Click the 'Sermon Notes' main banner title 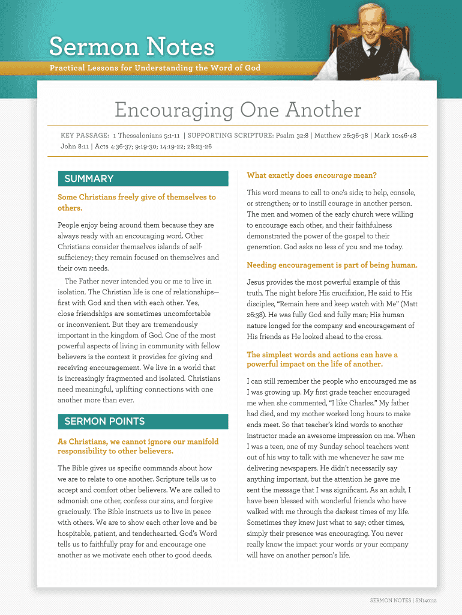click(131, 46)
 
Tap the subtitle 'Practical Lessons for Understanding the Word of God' click(155, 68)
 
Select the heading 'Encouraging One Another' click(238, 111)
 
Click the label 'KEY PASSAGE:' click(85, 136)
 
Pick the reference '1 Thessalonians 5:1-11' click(146, 136)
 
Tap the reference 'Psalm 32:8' click(292, 136)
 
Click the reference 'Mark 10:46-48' click(395, 136)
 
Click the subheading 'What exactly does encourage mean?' click(311, 175)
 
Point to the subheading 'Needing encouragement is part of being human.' click(332, 265)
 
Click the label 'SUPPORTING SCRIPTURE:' click(230, 136)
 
